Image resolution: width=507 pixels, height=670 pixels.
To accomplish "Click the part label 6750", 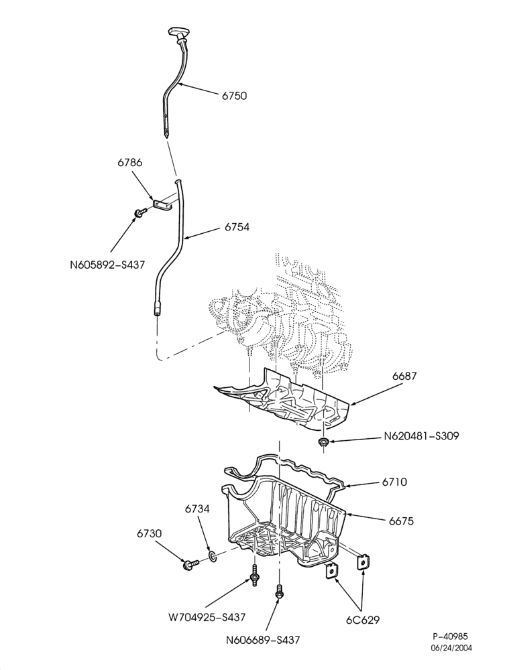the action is [x=234, y=96].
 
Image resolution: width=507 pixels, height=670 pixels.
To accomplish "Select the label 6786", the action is [x=129, y=163].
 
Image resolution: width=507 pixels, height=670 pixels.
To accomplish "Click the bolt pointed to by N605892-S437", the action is [x=141, y=212].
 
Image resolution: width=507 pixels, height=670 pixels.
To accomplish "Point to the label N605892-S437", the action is [x=107, y=265].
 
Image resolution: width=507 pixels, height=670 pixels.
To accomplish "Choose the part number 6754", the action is [x=237, y=227].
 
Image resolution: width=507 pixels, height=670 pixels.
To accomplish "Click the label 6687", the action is [x=404, y=377].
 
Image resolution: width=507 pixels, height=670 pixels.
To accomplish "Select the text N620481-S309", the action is [x=421, y=436].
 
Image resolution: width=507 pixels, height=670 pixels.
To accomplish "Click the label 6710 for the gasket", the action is [x=394, y=482].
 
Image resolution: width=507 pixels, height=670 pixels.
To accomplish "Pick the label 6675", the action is [x=401, y=521].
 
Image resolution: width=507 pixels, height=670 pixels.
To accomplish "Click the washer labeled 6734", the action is [x=213, y=556].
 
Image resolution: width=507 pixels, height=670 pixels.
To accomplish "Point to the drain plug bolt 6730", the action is [x=190, y=564].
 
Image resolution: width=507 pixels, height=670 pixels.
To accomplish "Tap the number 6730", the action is [x=150, y=534].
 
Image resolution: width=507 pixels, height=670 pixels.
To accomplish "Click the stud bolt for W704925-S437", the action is [x=255, y=575].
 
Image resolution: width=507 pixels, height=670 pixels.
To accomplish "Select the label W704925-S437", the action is [x=207, y=617].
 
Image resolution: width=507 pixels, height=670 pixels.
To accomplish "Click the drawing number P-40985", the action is [x=455, y=637].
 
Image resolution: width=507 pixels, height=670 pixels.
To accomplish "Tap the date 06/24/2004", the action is [x=451, y=648].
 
